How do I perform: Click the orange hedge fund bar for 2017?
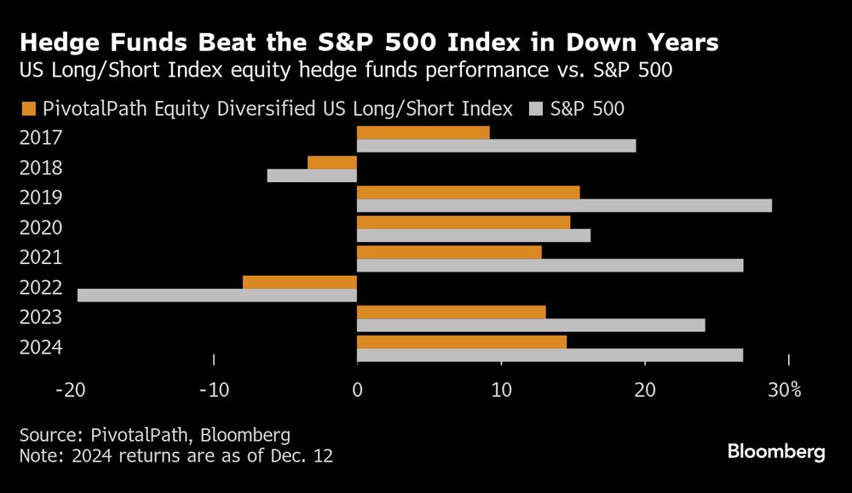click(x=423, y=133)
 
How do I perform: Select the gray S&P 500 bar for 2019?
click(x=564, y=205)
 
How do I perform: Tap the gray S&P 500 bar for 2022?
click(x=217, y=295)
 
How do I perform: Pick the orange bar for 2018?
click(x=332, y=163)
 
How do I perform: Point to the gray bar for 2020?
click(x=474, y=236)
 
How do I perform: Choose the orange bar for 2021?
click(x=449, y=252)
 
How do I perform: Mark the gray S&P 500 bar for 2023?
click(x=531, y=325)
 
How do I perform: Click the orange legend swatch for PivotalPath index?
click(x=27, y=108)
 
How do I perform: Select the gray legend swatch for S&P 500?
click(x=537, y=108)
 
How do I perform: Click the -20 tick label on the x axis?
click(x=69, y=390)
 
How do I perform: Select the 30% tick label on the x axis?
click(x=784, y=390)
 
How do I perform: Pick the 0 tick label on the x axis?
click(x=357, y=390)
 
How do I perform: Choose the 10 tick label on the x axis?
click(x=501, y=390)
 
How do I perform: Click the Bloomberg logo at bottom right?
click(x=776, y=452)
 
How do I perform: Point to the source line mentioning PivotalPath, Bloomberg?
click(x=155, y=434)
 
